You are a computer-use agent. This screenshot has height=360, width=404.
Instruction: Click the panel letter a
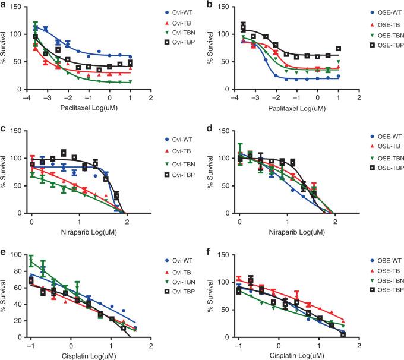coord(5,6)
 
